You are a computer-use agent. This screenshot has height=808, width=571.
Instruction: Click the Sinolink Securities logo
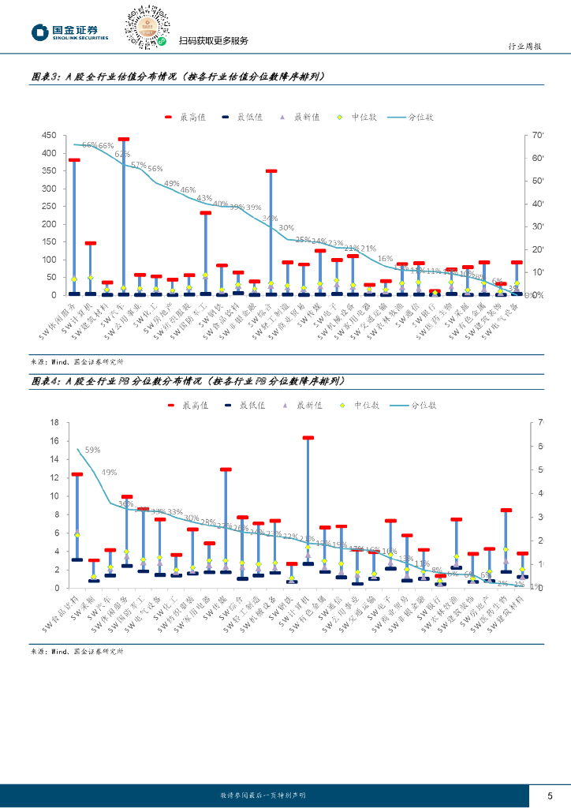tap(69, 32)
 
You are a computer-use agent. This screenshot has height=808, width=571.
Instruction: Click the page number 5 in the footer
tap(550, 795)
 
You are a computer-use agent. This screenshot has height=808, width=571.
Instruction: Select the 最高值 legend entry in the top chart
tap(185, 117)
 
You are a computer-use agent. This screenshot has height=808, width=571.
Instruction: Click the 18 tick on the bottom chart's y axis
tap(54, 422)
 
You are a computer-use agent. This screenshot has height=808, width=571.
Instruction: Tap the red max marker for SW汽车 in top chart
tap(124, 140)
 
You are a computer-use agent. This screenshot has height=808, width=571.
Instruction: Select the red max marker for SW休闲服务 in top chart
tap(74, 160)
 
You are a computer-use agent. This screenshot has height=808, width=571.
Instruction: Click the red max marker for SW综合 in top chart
tap(271, 170)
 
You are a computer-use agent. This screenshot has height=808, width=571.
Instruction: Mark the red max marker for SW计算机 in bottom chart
tap(308, 437)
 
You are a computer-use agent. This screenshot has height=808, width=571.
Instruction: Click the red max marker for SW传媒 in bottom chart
tap(226, 469)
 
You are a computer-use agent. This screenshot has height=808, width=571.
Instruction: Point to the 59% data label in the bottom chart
tap(92, 450)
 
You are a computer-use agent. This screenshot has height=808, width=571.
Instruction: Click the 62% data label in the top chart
tap(122, 155)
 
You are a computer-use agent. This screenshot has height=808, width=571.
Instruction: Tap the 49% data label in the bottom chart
tap(109, 472)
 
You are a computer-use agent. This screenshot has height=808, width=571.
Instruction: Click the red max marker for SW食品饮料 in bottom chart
tap(77, 474)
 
